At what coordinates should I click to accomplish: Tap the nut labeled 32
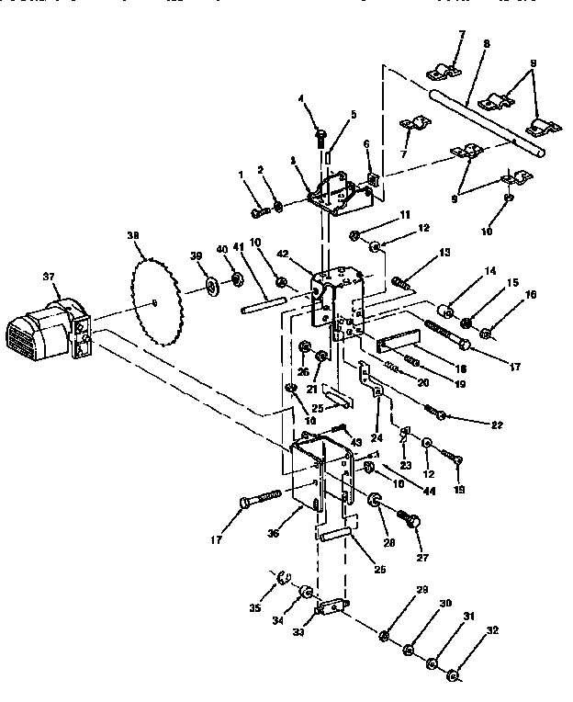point(453,679)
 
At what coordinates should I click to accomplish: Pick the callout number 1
point(241,175)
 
